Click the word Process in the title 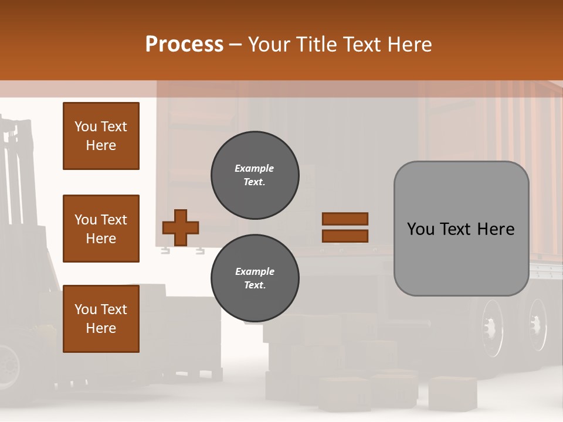184,45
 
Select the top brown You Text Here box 101,136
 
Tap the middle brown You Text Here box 101,229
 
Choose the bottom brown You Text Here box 101,318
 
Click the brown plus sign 181,227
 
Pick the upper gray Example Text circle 255,175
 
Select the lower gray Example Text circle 255,278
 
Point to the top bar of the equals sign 345,219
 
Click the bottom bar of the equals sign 345,236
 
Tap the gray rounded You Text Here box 461,229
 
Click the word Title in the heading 317,45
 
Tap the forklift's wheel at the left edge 8,363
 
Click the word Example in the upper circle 255,168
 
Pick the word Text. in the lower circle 255,285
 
